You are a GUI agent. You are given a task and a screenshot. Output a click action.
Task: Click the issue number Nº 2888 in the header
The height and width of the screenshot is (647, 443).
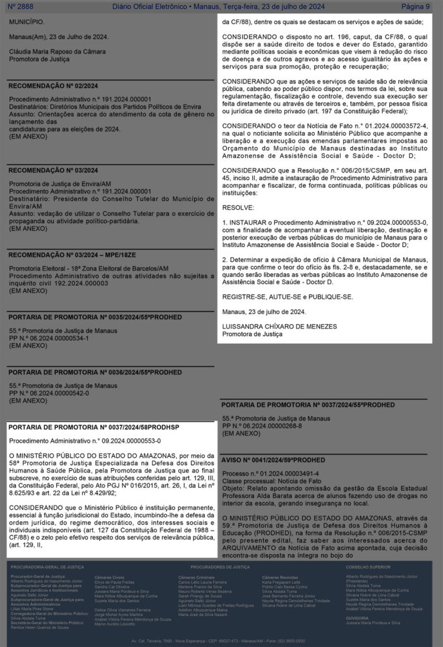click(21, 6)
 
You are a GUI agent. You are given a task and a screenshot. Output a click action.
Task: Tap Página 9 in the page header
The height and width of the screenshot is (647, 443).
click(415, 6)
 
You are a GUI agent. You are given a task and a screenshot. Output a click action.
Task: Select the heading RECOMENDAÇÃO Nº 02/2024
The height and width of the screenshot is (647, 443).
click(53, 86)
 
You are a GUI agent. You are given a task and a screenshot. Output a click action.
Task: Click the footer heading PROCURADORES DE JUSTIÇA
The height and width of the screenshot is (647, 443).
click(221, 567)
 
